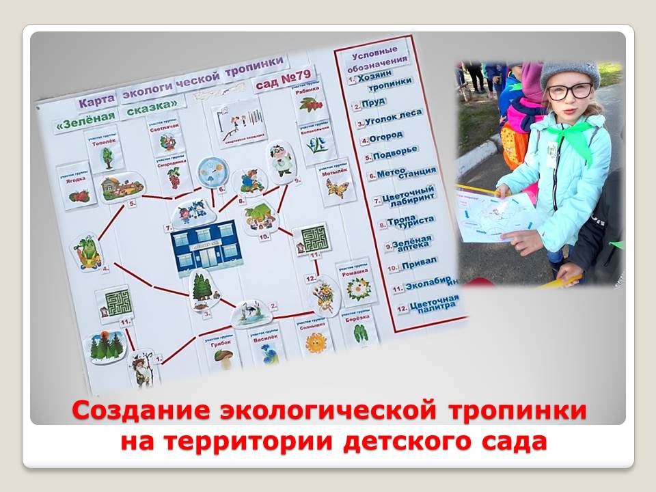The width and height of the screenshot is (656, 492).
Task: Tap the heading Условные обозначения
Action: click(x=377, y=58)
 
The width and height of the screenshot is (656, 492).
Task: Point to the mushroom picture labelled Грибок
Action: click(x=223, y=356)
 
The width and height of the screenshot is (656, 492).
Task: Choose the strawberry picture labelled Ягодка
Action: click(x=79, y=194)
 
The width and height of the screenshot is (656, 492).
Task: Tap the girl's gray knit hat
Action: click(x=569, y=70)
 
